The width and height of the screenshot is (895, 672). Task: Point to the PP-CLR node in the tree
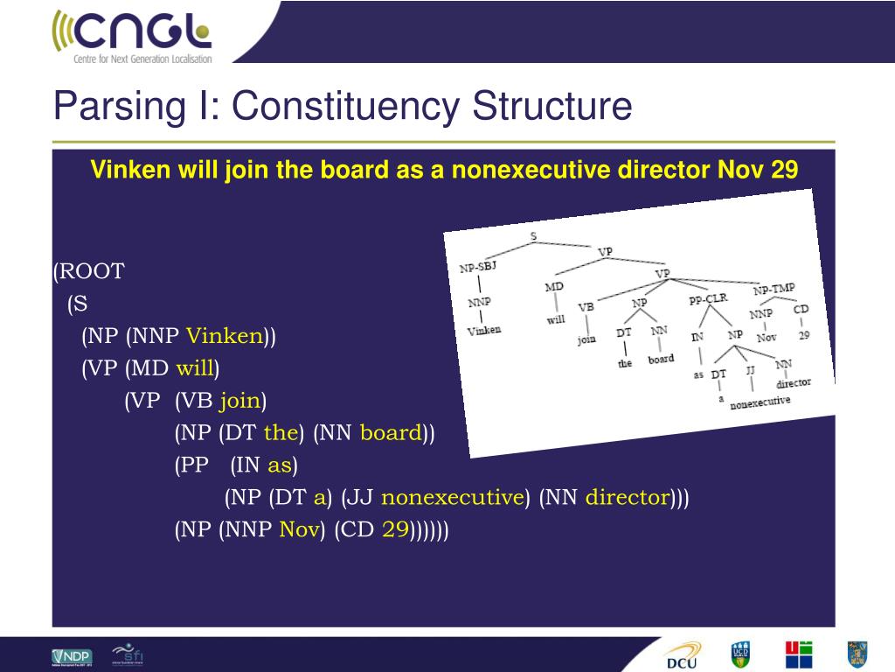[x=707, y=299]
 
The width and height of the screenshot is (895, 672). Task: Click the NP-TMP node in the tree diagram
[x=774, y=289]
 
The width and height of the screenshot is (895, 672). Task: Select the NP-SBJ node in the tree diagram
[x=478, y=267]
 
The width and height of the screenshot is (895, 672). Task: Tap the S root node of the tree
[x=533, y=236]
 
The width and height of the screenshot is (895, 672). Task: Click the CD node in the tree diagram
[x=801, y=310]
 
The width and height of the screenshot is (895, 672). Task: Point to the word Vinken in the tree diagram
[x=484, y=331]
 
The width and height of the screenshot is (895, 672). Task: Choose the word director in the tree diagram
[x=793, y=382]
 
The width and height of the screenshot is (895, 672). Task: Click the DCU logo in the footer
[x=683, y=654]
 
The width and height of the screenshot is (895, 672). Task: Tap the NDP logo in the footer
[x=72, y=655]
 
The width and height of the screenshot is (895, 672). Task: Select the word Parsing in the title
[x=108, y=107]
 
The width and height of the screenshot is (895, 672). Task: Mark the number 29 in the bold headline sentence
[x=784, y=170]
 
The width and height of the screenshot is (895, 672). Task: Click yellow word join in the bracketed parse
[x=240, y=401]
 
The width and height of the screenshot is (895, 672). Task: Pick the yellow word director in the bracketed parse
[x=627, y=498]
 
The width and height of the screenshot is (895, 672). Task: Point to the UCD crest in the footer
[x=740, y=654]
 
